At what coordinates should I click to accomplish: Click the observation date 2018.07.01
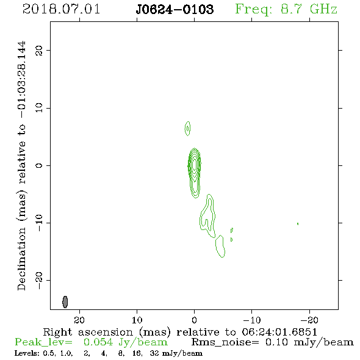tap(61, 9)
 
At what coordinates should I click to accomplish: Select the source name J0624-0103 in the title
tap(175, 9)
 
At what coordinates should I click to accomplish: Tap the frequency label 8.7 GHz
tap(309, 9)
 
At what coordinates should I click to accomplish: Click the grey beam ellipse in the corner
tap(65, 301)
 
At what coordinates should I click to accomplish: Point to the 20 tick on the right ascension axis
tap(79, 320)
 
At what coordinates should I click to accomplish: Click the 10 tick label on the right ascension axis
tap(137, 320)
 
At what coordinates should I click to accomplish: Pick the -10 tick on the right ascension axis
tap(252, 320)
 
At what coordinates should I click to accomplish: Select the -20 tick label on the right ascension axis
tap(309, 320)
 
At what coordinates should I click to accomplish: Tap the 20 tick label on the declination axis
tap(39, 50)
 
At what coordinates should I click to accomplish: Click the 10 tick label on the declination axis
tap(39, 108)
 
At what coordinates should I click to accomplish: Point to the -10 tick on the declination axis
tap(39, 223)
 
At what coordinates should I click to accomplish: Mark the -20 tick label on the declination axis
tap(39, 280)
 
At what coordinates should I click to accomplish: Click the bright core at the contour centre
tap(195, 164)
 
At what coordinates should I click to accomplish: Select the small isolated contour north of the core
tap(187, 129)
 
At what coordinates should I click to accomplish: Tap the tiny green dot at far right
tap(298, 223)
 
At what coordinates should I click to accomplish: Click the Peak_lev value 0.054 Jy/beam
tap(125, 342)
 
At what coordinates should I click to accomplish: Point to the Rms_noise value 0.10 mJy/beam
tap(309, 342)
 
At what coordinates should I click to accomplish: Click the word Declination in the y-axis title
tap(21, 259)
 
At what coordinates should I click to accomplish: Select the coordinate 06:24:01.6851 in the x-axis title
tap(279, 332)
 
